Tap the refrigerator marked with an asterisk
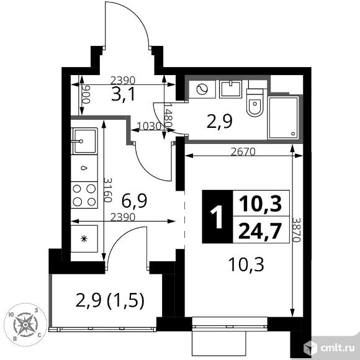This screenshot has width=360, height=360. click(84, 238)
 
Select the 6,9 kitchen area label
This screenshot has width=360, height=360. click(133, 200)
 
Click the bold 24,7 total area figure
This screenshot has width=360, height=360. click(259, 232)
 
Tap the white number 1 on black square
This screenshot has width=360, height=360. click(217, 218)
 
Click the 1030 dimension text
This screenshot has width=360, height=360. click(148, 125)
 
